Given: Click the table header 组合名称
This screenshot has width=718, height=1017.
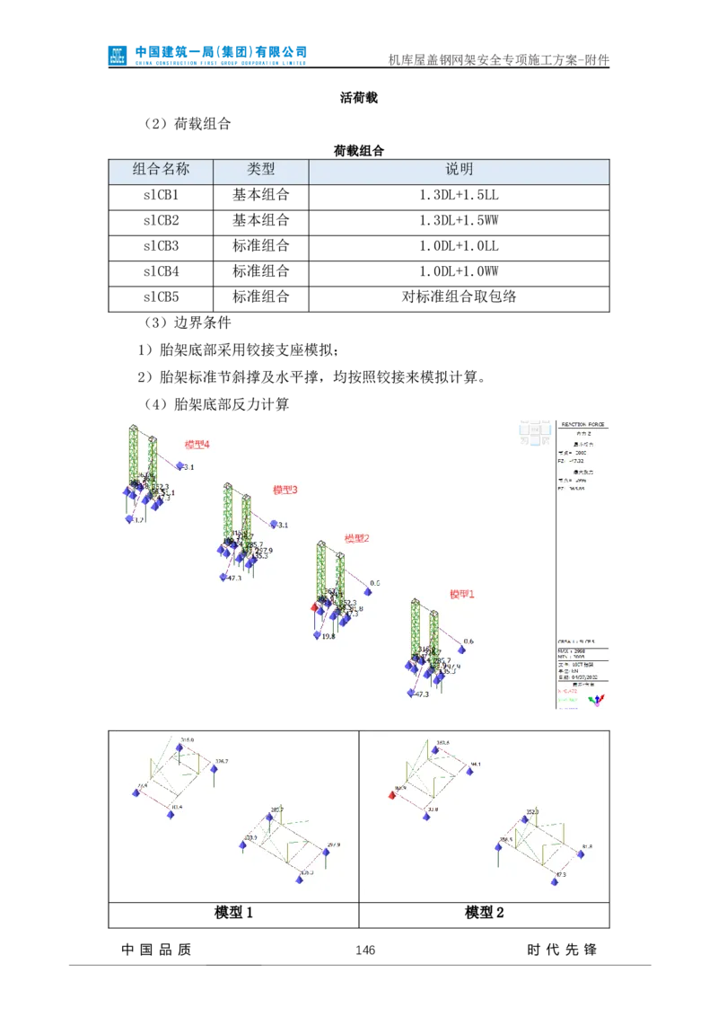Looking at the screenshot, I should click(x=161, y=169).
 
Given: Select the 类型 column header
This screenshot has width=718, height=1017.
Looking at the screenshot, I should click(x=261, y=169).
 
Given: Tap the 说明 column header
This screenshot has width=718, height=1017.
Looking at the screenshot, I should click(x=459, y=169).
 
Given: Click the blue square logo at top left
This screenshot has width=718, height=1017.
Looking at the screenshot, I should click(x=118, y=55).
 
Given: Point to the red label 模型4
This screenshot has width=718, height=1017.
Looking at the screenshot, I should click(x=197, y=445).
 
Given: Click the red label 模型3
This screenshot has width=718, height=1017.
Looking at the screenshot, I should click(x=285, y=491).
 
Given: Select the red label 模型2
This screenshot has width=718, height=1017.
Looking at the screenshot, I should click(x=357, y=539).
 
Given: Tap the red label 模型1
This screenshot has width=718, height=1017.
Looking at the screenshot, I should click(x=462, y=594).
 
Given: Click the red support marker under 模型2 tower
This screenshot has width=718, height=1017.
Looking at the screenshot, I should click(x=315, y=607).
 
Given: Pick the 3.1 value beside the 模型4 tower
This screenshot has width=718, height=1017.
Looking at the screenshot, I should click(x=188, y=467).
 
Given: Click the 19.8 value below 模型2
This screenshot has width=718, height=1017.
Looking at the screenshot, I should click(x=327, y=636).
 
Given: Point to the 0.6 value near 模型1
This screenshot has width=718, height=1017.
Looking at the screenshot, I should click(x=468, y=641).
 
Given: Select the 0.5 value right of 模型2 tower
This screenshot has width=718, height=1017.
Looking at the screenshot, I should click(x=375, y=584).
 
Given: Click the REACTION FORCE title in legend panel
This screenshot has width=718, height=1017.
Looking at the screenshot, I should click(x=583, y=424).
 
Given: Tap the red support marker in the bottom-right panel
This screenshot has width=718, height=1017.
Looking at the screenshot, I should click(x=392, y=795).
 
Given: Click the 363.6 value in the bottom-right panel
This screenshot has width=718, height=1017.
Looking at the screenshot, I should click(x=442, y=743).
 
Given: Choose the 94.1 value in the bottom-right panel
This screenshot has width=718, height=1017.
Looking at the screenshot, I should click(x=475, y=765).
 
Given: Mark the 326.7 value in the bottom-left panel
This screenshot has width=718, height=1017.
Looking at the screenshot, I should click(x=221, y=762).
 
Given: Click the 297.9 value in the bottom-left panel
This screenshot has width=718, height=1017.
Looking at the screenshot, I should click(x=335, y=845).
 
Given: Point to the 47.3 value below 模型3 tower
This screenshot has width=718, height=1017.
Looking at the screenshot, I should click(x=234, y=578).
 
